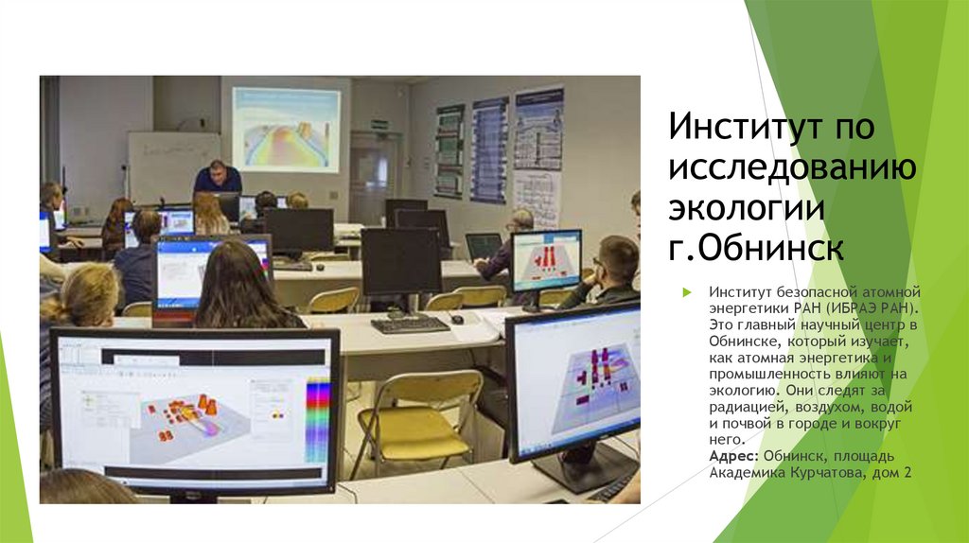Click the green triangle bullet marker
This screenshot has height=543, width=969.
[688, 295]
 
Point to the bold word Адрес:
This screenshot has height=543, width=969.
[730, 455]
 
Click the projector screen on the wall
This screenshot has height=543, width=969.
[286, 130]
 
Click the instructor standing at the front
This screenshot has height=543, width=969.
[217, 177]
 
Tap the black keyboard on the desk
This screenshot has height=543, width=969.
[410, 324]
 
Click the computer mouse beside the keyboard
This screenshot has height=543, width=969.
[457, 320]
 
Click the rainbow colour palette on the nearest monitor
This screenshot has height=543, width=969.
[319, 417]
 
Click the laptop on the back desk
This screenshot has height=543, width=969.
[484, 247]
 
